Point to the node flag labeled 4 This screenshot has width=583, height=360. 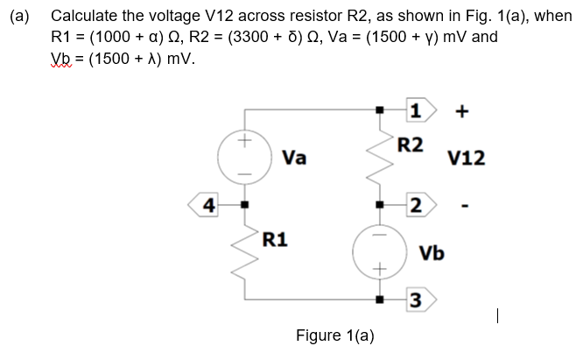pyautogui.click(x=207, y=207)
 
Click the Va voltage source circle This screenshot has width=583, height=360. pyautogui.click(x=246, y=157)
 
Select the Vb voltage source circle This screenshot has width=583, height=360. pyautogui.click(x=380, y=252)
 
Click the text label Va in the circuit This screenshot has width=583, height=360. pyautogui.click(x=294, y=158)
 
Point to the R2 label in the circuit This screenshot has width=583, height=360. pyautogui.click(x=410, y=145)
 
